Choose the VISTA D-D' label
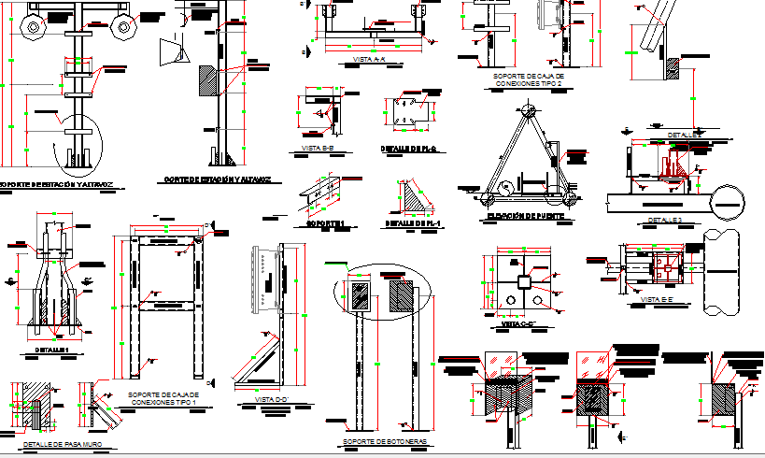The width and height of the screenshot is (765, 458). tap(270, 400)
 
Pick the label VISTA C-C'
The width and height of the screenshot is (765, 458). tap(512, 324)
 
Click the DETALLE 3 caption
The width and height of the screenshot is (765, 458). tap(665, 222)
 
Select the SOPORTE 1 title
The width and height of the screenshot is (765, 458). tap(326, 224)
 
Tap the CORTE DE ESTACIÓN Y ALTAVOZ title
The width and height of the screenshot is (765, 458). tap(217, 179)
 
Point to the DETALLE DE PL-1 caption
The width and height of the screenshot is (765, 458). tap(413, 224)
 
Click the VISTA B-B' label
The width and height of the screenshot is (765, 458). tap(319, 149)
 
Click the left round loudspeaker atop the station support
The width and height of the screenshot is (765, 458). tap(35, 28)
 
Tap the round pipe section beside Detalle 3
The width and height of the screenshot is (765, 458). tap(730, 200)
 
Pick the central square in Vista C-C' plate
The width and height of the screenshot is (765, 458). tap(524, 281)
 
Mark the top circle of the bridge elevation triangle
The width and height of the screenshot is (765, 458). tap(529, 110)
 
